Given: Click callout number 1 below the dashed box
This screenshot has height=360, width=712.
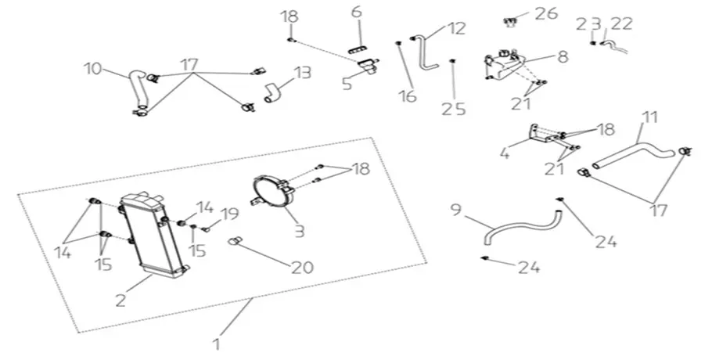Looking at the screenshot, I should (218, 343).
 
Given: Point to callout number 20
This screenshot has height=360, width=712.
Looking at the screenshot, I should (301, 266).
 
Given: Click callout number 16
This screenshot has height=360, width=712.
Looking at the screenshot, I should (405, 96).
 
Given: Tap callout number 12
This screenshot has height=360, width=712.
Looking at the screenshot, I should (456, 28).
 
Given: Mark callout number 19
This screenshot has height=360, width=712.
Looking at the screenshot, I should (228, 213).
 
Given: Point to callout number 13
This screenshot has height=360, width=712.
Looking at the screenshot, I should (301, 73).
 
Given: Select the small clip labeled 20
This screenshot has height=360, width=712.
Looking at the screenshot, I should (233, 242).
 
